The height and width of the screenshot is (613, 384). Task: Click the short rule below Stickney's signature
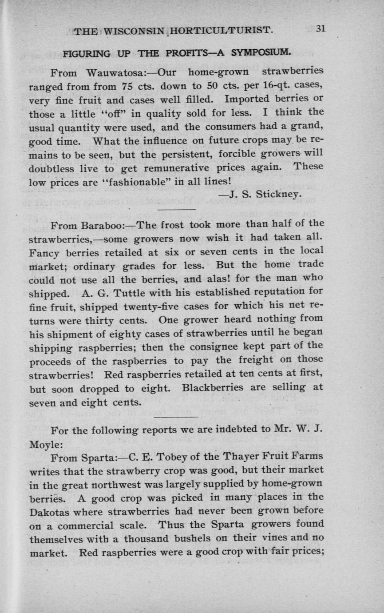tap(177, 209)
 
